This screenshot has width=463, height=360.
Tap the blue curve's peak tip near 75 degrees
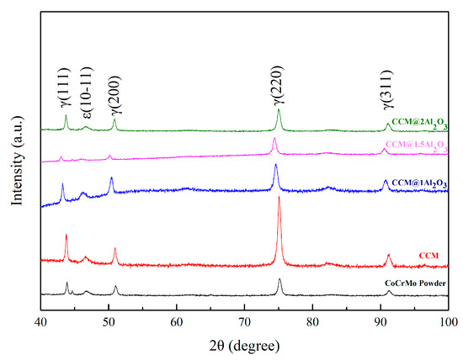(275, 164)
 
